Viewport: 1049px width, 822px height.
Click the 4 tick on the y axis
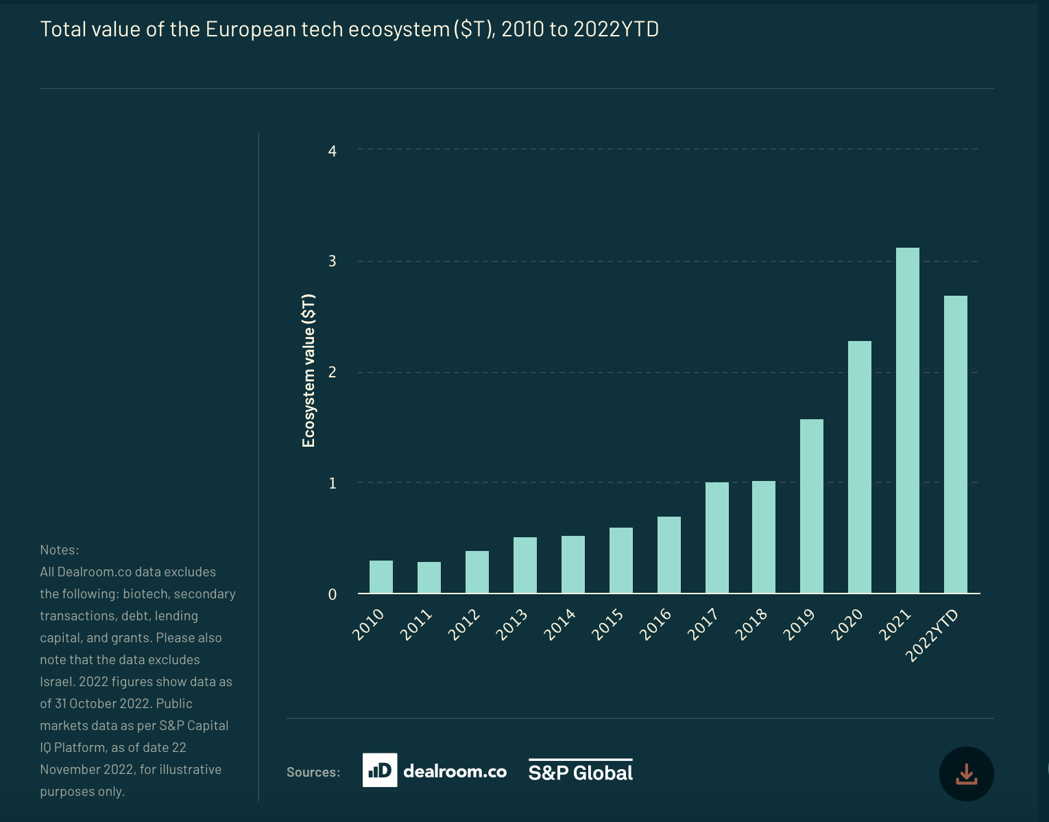point(333,151)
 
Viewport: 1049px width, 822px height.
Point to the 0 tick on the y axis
point(333,594)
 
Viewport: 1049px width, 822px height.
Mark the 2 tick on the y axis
point(333,372)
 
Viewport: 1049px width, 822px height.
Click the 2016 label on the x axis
point(655,624)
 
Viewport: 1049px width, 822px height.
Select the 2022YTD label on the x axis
point(932,635)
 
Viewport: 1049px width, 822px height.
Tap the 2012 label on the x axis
point(464,624)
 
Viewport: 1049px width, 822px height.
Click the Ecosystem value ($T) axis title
point(309,371)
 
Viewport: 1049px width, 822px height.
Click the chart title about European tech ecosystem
point(349,30)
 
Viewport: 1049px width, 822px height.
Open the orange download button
point(966,774)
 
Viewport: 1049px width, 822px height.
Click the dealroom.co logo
point(435,771)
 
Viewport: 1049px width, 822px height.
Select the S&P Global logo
point(580,771)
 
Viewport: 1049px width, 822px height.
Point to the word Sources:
point(313,772)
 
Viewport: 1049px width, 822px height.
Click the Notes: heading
point(60,550)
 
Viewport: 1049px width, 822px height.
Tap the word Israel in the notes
point(56,681)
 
